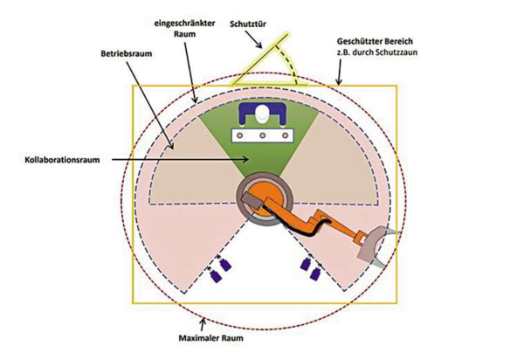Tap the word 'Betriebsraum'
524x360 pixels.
(123, 53)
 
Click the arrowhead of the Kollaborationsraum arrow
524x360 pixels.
(254, 160)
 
